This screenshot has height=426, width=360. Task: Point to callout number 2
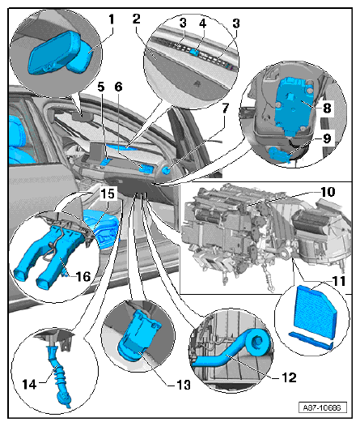click(137, 18)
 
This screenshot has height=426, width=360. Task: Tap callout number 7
click(227, 108)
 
